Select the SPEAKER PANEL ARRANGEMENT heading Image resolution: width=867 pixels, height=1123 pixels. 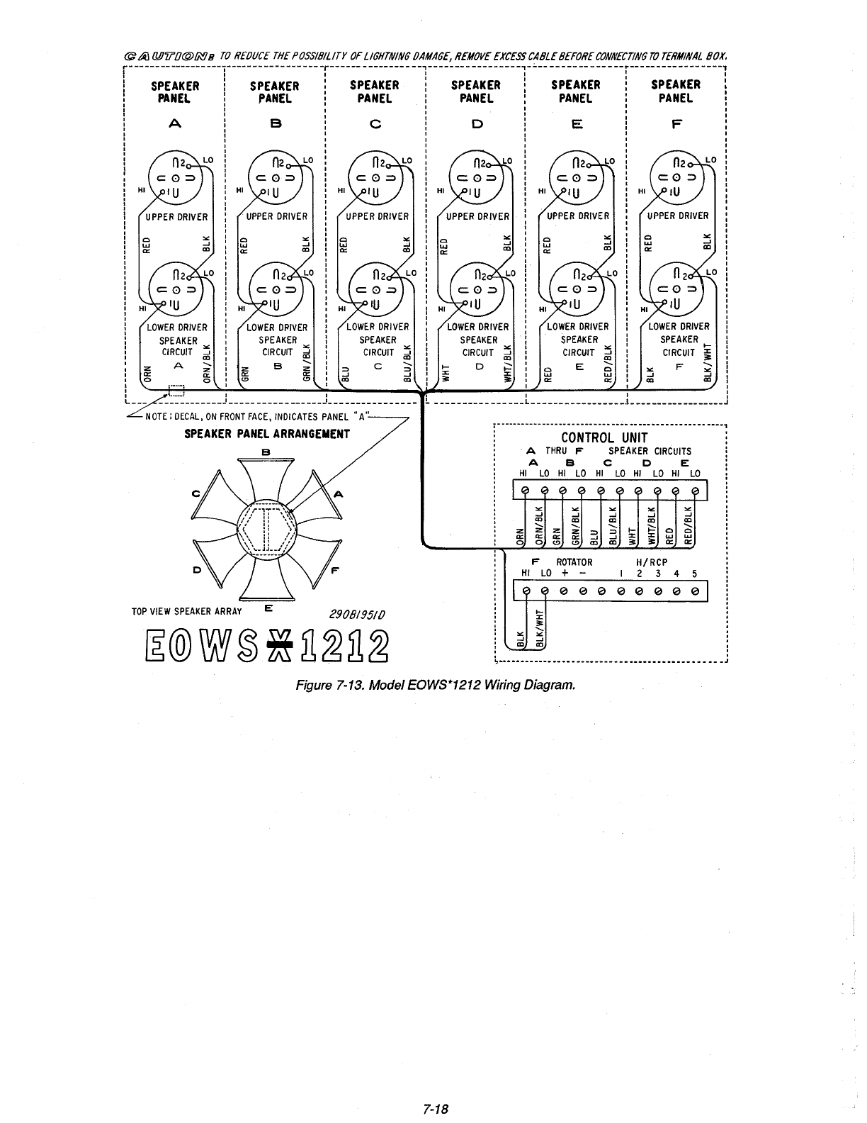[266, 433]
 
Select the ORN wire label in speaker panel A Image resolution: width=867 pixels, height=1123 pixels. [147, 371]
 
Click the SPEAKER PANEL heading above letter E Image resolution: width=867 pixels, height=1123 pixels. [576, 91]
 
